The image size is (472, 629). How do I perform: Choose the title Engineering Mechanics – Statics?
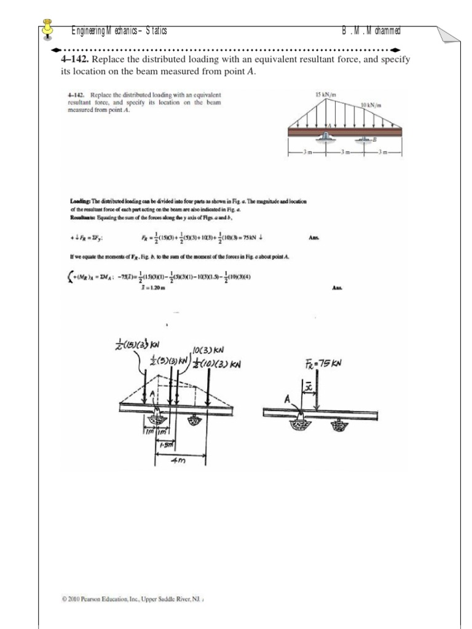click(119, 31)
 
